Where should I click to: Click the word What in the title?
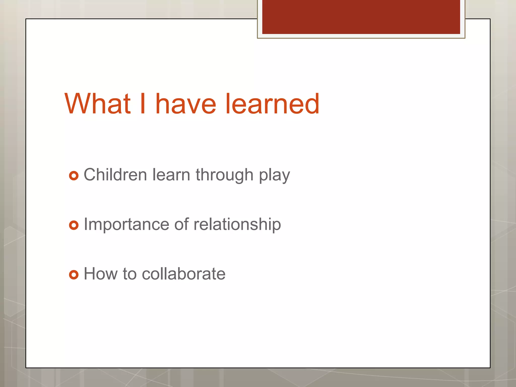[98, 104]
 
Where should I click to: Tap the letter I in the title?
[143, 104]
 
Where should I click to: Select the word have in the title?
[186, 104]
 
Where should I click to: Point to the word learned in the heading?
[272, 104]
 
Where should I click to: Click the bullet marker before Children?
[74, 176]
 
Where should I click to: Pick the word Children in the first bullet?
[115, 175]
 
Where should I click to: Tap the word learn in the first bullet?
[171, 175]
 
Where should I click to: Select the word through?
[224, 175]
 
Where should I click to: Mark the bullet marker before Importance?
[74, 225]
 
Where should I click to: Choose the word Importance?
[126, 224]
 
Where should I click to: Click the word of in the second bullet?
[181, 224]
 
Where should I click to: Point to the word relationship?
[237, 224]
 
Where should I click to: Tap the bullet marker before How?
[74, 274]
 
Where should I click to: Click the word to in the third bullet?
[129, 274]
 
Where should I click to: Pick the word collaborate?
[184, 274]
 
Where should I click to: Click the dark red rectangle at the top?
[361, 17]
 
